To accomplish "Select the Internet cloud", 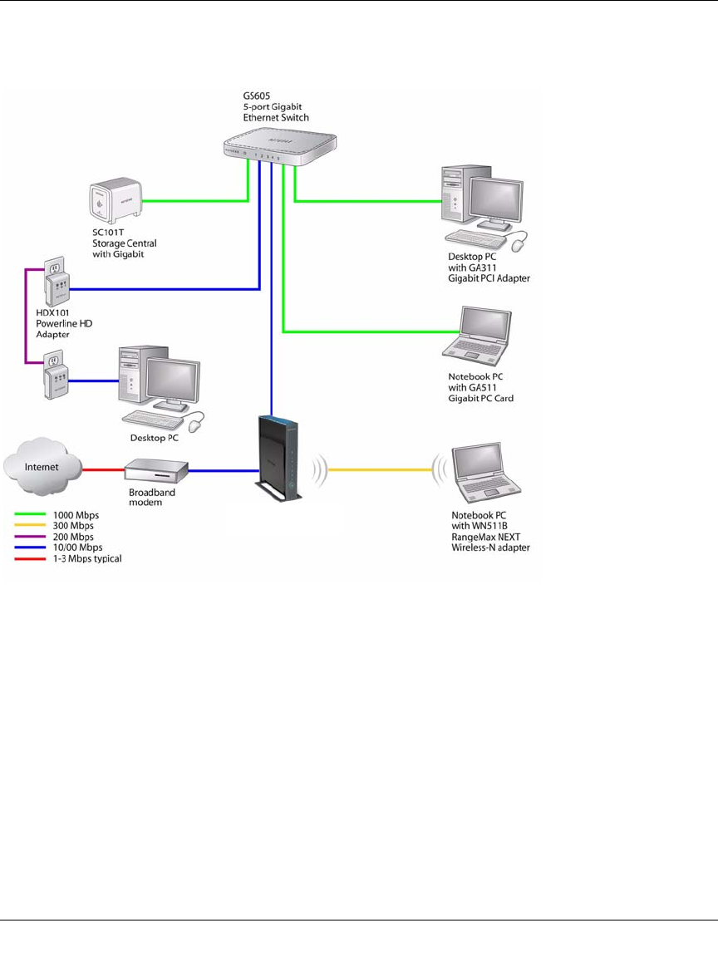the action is tap(42, 468).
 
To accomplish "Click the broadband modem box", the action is tap(157, 472).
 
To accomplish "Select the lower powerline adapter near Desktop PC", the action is tap(56, 380).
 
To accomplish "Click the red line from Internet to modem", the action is tap(104, 470).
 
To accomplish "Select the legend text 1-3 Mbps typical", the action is tap(87, 558).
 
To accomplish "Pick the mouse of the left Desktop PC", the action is tap(196, 425).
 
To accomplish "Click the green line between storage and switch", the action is tap(199, 199).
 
